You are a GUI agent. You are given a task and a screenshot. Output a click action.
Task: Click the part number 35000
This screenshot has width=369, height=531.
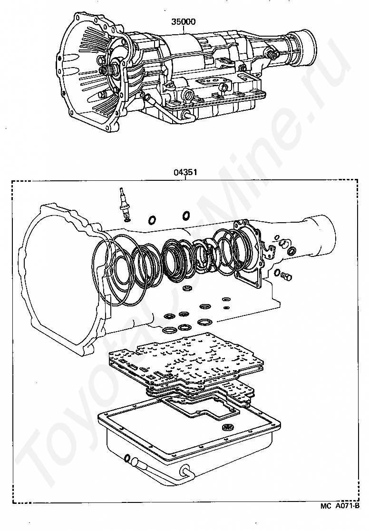[183, 22]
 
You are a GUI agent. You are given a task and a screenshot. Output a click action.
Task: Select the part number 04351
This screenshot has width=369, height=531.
[185, 172]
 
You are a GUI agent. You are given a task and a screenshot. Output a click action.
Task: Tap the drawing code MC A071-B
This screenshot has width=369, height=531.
[340, 516]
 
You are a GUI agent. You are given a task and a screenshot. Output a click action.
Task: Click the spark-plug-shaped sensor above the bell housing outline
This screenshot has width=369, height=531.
[124, 203]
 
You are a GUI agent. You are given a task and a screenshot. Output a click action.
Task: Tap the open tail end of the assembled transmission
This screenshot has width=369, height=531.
[307, 49]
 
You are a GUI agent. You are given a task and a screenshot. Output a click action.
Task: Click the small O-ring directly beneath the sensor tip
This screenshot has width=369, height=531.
[127, 220]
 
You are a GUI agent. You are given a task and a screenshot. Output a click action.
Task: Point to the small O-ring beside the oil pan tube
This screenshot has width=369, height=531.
[127, 459]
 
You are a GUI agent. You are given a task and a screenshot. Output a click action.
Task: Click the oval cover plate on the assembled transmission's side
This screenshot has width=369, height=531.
[212, 82]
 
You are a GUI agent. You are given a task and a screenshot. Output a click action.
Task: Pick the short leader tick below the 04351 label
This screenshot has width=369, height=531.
[185, 178]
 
